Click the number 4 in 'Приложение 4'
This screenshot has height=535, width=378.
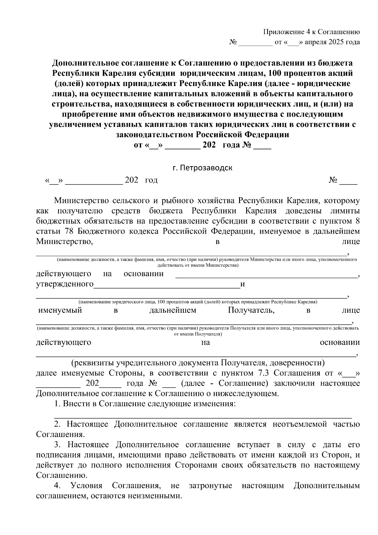(x=308, y=32)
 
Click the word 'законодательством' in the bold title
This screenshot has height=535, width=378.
(x=155, y=135)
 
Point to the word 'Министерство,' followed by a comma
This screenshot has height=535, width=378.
(x=65, y=242)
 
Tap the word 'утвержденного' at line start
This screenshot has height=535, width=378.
(x=65, y=284)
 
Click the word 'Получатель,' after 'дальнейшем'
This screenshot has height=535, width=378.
(x=251, y=310)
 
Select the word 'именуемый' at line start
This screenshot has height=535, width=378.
(x=60, y=310)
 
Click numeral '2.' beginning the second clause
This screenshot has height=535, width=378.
(x=57, y=424)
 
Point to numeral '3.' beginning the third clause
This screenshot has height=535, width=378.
(x=57, y=445)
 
